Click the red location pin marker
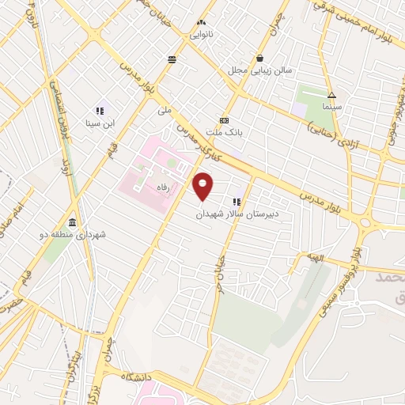(203, 186)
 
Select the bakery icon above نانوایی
(200, 24)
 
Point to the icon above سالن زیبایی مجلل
(260, 58)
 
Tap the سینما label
(331, 106)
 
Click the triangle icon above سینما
(331, 94)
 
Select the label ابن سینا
(100, 123)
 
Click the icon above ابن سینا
(100, 112)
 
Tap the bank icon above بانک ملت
(225, 120)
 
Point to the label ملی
(165, 111)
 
